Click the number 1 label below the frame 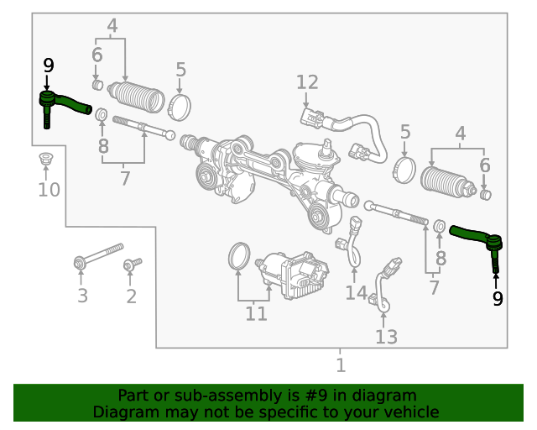(x=340, y=365)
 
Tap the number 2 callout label (x=131, y=296)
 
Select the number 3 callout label (x=82, y=296)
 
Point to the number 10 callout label (x=49, y=190)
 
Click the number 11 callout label (x=256, y=314)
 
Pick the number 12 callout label (x=307, y=82)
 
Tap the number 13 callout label (x=386, y=337)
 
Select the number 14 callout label (x=357, y=293)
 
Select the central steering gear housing (x=268, y=172)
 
